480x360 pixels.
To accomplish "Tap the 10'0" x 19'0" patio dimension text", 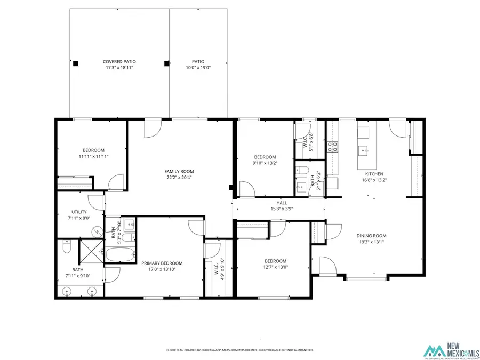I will point(198,68).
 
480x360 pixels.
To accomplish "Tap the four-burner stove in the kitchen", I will point(332,147).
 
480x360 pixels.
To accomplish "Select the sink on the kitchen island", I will point(365,151).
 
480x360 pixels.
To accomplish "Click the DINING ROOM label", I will point(371,235).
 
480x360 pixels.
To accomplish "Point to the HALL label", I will point(282,203).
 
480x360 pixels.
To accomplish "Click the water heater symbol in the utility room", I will point(97,231).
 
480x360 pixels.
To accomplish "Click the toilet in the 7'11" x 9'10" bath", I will point(66,248).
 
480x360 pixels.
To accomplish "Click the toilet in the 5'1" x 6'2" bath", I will point(302,171).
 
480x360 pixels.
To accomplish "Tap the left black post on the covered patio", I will point(76,63).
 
